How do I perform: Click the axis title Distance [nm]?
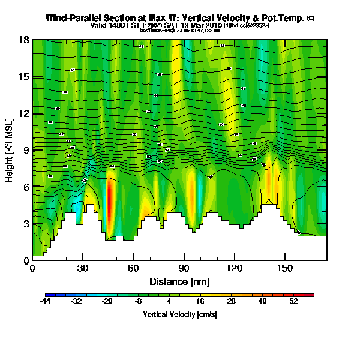(179, 281)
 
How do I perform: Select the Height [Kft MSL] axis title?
(10, 150)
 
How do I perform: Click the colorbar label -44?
(46, 302)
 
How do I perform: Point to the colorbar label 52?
(293, 302)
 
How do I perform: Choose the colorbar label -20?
(107, 302)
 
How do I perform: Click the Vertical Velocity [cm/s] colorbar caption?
(179, 314)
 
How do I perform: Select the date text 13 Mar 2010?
(202, 26)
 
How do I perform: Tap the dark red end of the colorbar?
(310, 295)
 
